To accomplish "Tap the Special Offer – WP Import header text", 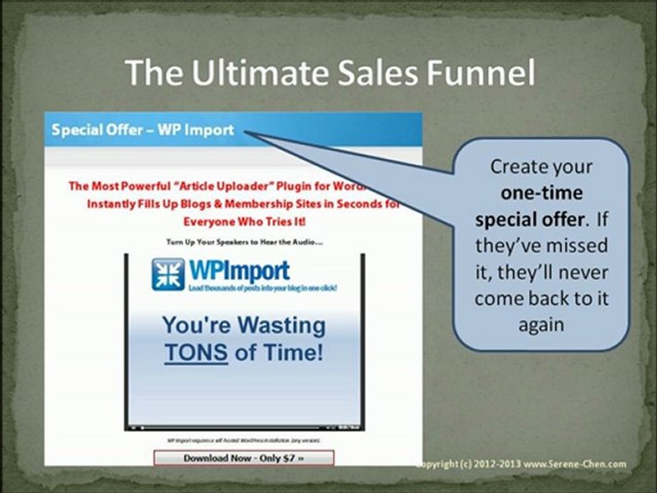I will tap(142, 130).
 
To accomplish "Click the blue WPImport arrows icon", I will tap(168, 275).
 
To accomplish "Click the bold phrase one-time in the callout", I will tap(541, 192).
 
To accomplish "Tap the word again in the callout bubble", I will tap(541, 325).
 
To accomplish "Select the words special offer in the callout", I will tap(531, 219).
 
